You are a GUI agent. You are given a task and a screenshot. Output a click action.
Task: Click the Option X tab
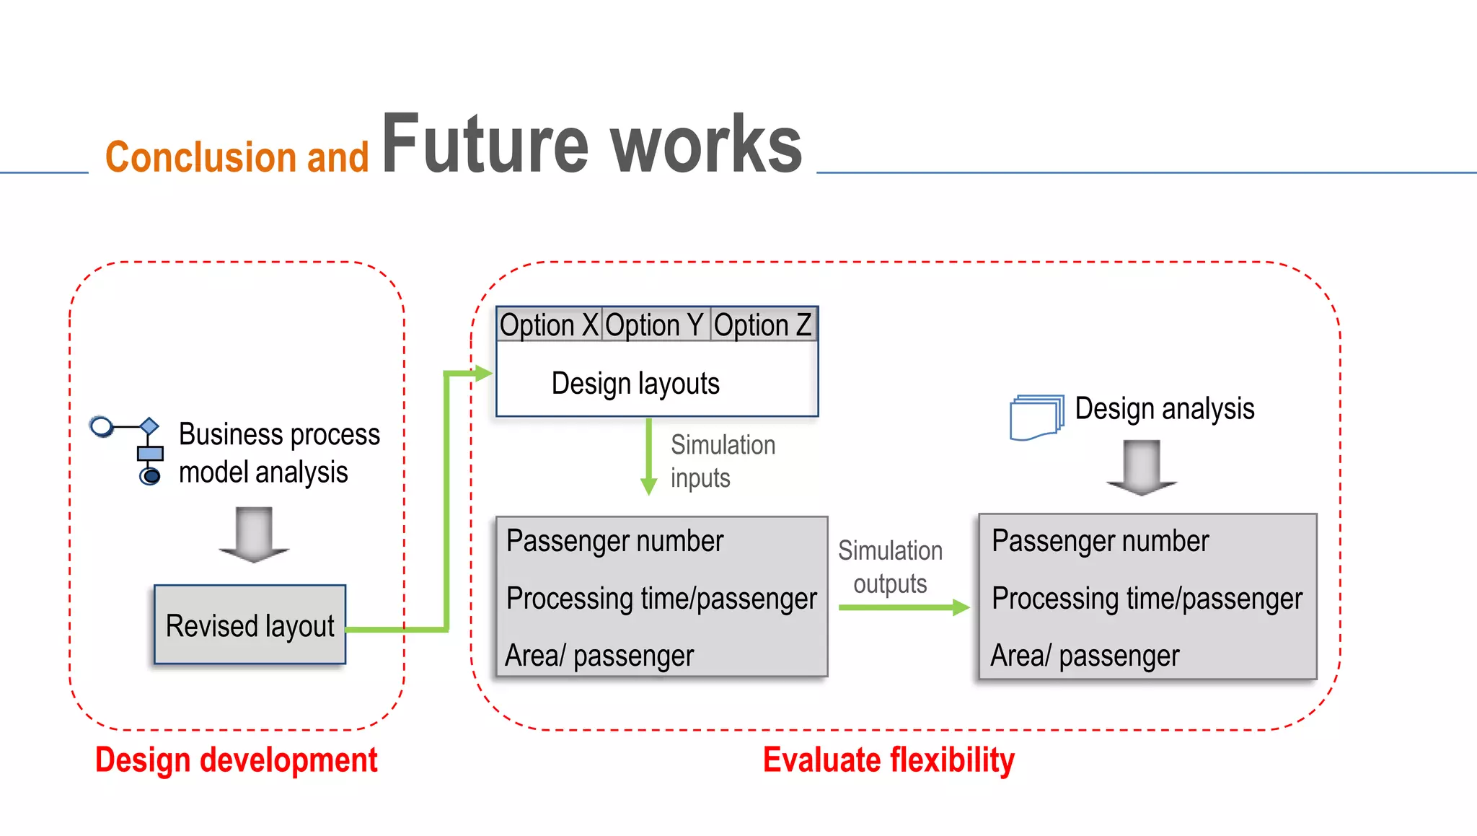(x=549, y=325)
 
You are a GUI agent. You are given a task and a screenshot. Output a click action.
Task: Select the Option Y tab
(x=655, y=325)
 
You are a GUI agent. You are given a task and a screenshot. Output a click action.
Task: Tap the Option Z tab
(x=763, y=325)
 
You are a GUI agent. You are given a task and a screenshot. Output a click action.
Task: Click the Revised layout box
(x=250, y=625)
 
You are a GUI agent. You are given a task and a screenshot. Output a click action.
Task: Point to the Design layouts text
(x=635, y=383)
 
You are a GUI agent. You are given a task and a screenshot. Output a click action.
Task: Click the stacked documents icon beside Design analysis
(x=1036, y=417)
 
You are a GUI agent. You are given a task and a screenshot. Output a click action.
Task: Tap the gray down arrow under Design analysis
(x=1142, y=468)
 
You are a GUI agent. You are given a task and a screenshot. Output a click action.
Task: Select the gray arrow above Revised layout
(x=254, y=534)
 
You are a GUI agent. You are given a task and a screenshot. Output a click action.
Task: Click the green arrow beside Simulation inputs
(x=649, y=457)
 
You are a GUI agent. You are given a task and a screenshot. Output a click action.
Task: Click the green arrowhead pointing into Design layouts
(x=483, y=373)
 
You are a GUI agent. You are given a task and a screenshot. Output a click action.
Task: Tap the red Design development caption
(x=236, y=760)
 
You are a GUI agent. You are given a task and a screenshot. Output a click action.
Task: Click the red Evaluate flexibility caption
(x=889, y=760)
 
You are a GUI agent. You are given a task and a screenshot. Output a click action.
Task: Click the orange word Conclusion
(x=200, y=157)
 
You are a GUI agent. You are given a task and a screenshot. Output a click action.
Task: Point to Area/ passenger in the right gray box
(x=1084, y=656)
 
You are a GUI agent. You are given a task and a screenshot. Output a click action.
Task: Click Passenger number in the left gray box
(x=614, y=541)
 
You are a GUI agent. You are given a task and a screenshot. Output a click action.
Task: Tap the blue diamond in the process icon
(x=149, y=426)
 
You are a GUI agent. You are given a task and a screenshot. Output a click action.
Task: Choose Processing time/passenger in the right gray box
(x=1147, y=599)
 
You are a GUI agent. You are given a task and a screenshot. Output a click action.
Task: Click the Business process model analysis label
(x=278, y=453)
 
